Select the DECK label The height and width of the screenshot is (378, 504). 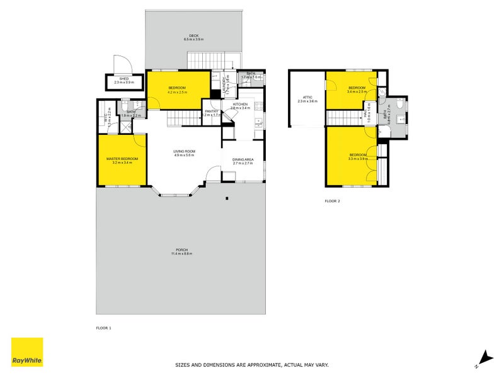[193, 35]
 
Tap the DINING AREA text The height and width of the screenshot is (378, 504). [243, 159]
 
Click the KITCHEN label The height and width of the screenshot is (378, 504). [241, 104]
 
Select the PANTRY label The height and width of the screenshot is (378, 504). [211, 112]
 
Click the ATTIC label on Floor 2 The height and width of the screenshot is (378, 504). [307, 97]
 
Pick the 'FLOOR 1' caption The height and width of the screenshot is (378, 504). [103, 328]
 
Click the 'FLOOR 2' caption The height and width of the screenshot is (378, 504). [332, 201]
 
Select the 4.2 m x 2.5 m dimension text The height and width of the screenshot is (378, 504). [177, 93]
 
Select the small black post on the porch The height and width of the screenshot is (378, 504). [226, 199]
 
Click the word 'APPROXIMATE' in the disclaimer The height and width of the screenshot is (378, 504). [260, 365]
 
